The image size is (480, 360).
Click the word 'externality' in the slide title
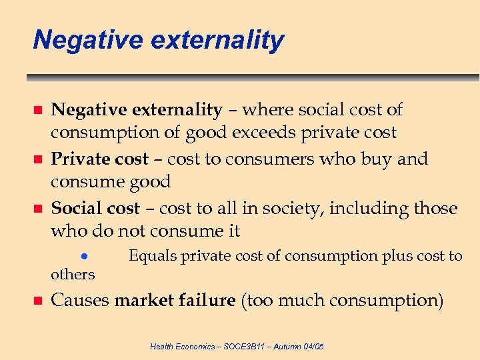tap(217, 40)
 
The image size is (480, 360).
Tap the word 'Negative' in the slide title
tap(88, 40)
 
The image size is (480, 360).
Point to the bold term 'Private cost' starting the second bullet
tap(99, 159)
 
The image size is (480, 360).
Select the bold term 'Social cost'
tap(95, 209)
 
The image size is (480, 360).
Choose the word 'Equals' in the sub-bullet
tap(153, 256)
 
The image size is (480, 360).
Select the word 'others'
tap(73, 274)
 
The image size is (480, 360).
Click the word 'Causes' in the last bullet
tap(80, 301)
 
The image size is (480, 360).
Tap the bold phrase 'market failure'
tap(175, 301)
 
